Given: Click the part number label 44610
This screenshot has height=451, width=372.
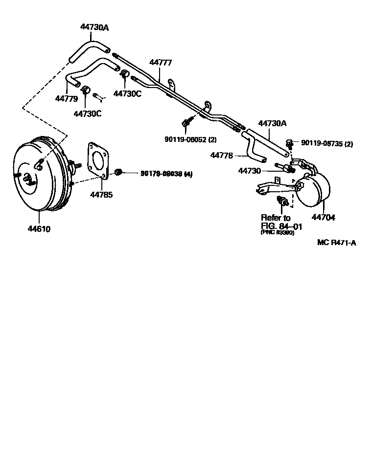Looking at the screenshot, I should (39, 228).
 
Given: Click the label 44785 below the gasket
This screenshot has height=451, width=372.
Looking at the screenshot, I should (101, 195).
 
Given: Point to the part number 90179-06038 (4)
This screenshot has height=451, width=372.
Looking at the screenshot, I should (166, 173).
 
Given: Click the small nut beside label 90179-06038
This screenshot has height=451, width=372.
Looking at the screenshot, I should (118, 172).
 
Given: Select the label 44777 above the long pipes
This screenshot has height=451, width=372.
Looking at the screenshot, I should (161, 62).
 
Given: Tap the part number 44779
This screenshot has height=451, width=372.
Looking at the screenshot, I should (66, 98).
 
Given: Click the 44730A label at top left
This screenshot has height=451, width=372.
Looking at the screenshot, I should (94, 27).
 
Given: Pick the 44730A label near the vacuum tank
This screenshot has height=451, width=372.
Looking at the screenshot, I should (272, 124).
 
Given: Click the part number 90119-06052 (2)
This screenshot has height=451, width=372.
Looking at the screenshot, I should (190, 139).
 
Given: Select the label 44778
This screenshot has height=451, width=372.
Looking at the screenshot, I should (222, 155).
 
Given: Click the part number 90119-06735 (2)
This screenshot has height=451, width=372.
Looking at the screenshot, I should (326, 144).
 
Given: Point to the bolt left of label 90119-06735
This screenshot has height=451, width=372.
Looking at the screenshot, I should (289, 143).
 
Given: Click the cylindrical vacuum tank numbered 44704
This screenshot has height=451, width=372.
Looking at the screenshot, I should (312, 190).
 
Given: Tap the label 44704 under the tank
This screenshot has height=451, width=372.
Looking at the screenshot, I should (323, 218).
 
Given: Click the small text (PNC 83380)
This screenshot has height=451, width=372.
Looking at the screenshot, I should (278, 233).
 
